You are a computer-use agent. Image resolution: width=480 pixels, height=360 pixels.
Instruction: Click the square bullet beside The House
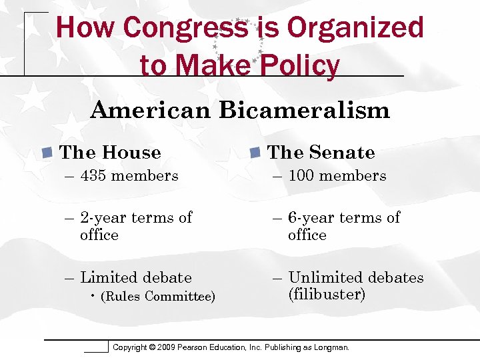[x=47, y=153]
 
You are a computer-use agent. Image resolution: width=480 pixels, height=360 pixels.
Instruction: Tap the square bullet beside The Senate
[x=255, y=153]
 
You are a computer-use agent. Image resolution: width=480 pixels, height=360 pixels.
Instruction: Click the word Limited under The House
[x=109, y=278]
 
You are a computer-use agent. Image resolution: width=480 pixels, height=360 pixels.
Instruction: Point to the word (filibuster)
[x=327, y=295]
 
